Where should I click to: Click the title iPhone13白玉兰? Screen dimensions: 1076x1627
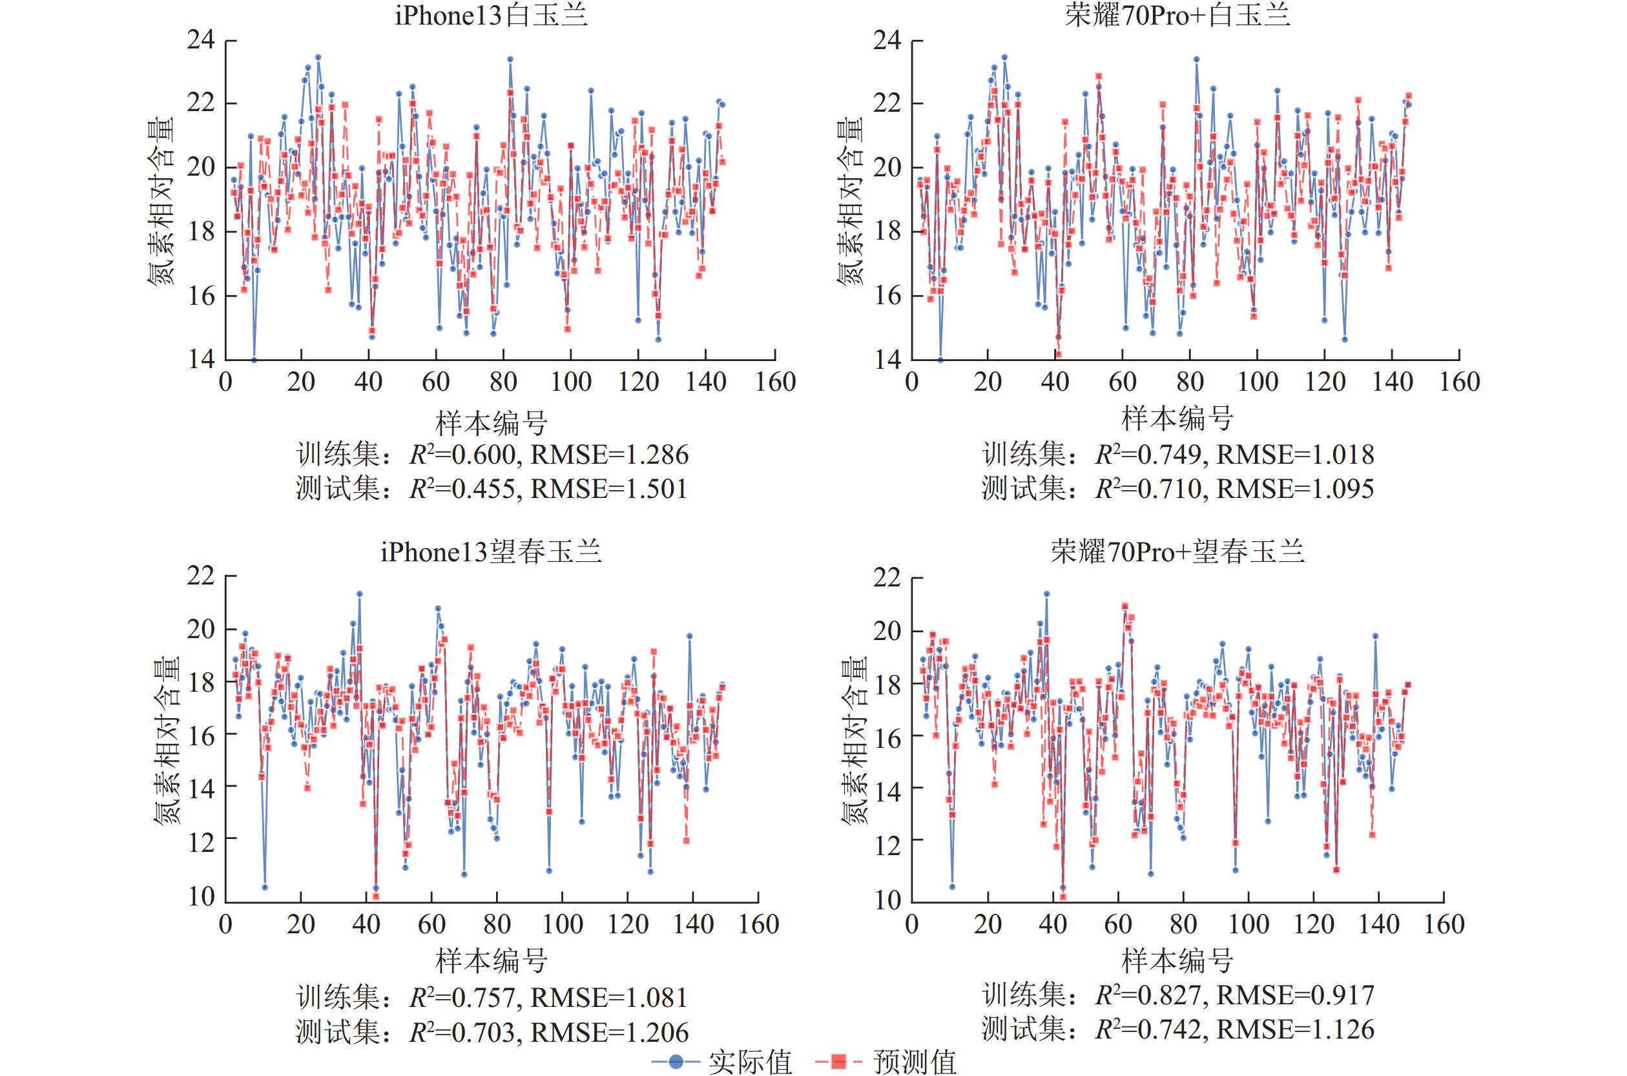[x=492, y=15]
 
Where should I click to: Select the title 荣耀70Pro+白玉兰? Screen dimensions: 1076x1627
[x=1177, y=15]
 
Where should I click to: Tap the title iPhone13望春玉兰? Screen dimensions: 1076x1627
[x=492, y=552]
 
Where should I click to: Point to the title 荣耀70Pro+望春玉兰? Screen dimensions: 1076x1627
[x=1177, y=552]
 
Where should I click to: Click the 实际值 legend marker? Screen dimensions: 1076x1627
[x=676, y=1062]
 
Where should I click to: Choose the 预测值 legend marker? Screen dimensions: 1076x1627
[x=838, y=1062]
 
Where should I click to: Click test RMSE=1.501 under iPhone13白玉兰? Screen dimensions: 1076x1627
[x=608, y=488]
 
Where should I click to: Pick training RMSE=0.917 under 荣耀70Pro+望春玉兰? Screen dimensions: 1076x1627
[x=1296, y=995]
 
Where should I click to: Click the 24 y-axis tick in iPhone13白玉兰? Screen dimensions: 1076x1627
[x=201, y=40]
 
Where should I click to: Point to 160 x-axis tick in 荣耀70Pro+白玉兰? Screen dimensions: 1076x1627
[x=1459, y=382]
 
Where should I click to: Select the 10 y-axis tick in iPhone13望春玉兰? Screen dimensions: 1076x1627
[x=201, y=896]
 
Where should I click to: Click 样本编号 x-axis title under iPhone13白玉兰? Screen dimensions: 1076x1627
[x=492, y=421]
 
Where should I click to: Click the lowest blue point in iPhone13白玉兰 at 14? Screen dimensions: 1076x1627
[x=254, y=360]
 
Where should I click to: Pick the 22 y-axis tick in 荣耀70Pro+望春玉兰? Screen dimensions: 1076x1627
[x=887, y=578]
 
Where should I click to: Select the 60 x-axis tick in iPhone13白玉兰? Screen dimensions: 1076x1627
[x=435, y=382]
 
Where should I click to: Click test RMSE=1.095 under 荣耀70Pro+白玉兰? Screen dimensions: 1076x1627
[x=1296, y=488]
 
